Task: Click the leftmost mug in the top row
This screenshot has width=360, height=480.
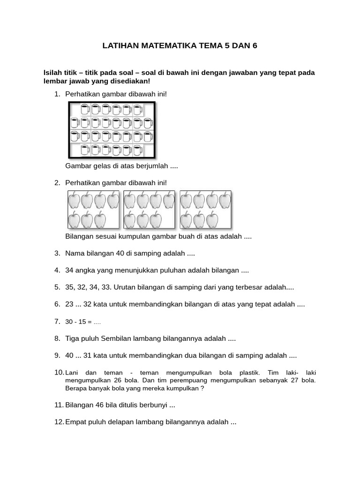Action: click(85, 110)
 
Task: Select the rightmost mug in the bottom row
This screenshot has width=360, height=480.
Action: click(138, 150)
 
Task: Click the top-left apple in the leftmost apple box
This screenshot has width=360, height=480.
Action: click(74, 201)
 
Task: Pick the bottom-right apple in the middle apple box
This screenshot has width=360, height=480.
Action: click(156, 219)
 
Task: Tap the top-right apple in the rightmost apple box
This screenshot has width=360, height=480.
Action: click(225, 201)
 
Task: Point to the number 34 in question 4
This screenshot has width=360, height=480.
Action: click(70, 270)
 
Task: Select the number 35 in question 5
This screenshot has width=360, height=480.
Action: click(70, 287)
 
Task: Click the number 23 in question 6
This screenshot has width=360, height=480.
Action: click(70, 304)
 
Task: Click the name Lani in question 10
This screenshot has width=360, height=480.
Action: click(72, 373)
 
